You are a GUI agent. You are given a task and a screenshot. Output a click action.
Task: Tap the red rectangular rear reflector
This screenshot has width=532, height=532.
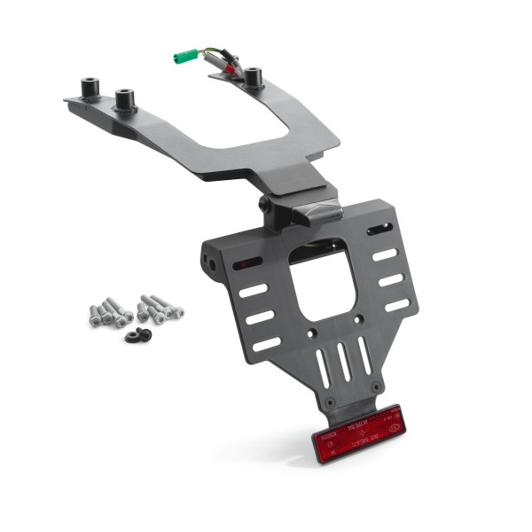(x=356, y=433)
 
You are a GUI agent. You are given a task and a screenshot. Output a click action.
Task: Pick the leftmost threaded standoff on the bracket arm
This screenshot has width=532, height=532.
(x=89, y=90)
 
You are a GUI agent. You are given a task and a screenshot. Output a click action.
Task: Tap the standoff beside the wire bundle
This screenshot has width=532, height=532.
(x=254, y=77)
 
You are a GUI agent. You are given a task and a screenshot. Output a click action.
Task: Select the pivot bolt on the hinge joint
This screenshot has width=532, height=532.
(x=264, y=205)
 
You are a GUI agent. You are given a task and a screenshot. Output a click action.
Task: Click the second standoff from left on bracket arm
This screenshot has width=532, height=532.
(x=123, y=95)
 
